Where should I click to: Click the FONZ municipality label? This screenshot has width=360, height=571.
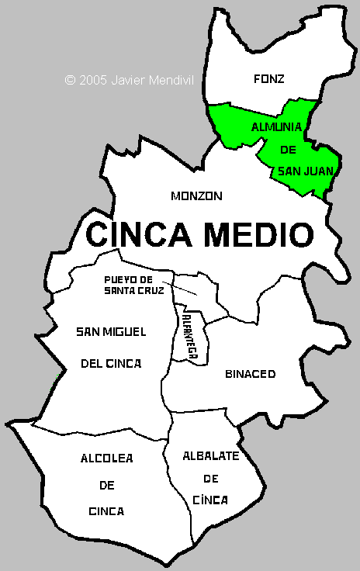point(269,78)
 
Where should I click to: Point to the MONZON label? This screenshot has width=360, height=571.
point(196,196)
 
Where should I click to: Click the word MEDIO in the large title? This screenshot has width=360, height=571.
point(258,233)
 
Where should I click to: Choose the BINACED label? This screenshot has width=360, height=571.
point(250,374)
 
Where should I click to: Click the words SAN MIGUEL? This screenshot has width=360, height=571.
point(111,332)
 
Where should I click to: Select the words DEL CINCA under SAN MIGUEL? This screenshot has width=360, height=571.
point(111,362)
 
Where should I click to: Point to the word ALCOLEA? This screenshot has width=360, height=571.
point(106,459)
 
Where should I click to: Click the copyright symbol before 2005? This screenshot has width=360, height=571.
point(70,79)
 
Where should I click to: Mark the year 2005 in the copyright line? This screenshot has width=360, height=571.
point(93,79)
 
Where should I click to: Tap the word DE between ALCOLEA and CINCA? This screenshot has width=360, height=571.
point(106,485)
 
